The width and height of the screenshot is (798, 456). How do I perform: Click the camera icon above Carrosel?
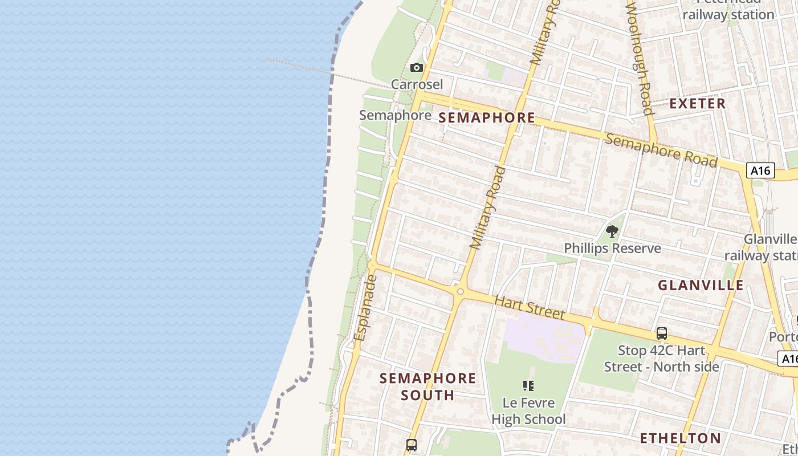tap(417, 68)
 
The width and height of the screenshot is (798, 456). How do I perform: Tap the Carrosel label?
tap(417, 84)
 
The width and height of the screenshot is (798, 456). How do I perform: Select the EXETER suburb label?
tap(697, 104)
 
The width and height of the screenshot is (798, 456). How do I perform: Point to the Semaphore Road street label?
tap(661, 150)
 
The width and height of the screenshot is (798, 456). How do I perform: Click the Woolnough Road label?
tap(639, 57)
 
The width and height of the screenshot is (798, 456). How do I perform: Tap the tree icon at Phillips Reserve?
tap(612, 231)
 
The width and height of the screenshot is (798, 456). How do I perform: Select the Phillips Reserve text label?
tap(612, 249)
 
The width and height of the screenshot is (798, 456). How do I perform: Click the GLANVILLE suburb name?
tap(701, 286)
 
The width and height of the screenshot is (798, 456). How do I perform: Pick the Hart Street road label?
tap(530, 307)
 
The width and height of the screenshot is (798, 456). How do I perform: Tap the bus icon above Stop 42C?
tap(661, 333)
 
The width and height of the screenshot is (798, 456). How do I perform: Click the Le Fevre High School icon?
tap(528, 386)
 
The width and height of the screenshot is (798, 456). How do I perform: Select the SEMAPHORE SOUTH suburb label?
tap(427, 386)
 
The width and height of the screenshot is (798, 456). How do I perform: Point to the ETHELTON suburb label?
tap(680, 438)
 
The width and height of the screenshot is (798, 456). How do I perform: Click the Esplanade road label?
tap(365, 308)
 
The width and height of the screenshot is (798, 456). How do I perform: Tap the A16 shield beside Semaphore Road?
tap(760, 170)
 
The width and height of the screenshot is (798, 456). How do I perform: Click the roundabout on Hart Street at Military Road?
tap(460, 291)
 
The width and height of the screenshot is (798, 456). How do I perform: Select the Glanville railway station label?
tap(769, 247)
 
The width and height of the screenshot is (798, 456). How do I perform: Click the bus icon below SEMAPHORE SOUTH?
tap(411, 445)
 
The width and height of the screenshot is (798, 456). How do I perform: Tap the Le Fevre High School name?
tap(528, 412)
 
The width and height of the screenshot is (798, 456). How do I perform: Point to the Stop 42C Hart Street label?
tap(661, 359)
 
